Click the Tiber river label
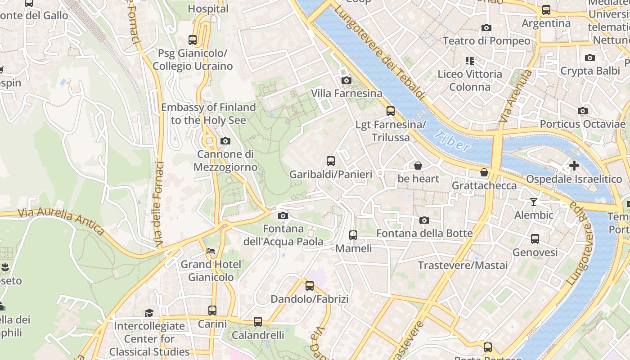[x=453, y=141]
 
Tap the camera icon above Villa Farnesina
[x=346, y=80]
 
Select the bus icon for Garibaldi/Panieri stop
[x=331, y=161]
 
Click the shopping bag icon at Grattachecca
[x=484, y=172]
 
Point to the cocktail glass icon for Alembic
[x=534, y=202]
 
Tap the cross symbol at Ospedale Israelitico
[x=574, y=166]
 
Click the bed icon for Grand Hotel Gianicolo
[x=211, y=251]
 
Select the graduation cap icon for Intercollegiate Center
[x=149, y=312]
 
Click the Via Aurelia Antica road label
[x=62, y=221]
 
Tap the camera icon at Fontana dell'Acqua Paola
[x=283, y=216]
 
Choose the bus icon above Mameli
[x=353, y=235]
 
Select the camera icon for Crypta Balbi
[x=589, y=58]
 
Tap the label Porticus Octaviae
[x=582, y=124]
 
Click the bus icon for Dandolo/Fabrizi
[x=309, y=285]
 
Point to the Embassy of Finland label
[x=208, y=113]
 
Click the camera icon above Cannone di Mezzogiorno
[x=225, y=141]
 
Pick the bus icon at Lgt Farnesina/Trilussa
[x=391, y=111]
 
